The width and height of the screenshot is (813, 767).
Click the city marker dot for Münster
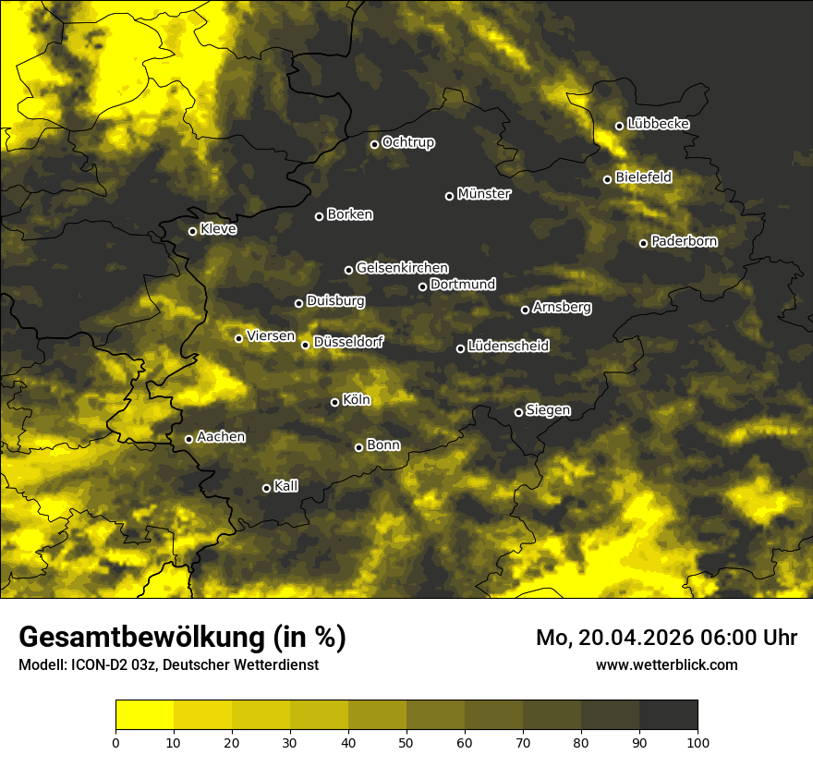tap(450, 196)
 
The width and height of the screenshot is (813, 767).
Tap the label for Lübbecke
tap(658, 124)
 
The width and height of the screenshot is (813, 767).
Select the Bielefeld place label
tap(643, 177)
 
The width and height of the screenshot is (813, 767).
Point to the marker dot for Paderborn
tap(644, 243)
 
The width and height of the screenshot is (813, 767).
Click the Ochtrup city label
tap(407, 142)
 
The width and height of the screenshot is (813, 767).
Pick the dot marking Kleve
tap(193, 231)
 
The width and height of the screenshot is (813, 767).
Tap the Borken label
tap(349, 214)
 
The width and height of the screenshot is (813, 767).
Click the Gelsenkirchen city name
tap(402, 268)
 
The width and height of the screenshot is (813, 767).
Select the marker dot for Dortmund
tap(423, 286)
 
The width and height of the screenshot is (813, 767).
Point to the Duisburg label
tap(335, 301)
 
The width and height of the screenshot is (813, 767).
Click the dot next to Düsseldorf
tap(306, 345)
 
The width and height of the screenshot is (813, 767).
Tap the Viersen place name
tap(270, 336)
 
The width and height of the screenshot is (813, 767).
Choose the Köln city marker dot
tap(335, 402)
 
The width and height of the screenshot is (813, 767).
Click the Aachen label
tap(221, 437)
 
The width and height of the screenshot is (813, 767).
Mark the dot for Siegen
tap(518, 412)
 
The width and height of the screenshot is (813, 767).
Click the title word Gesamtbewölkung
tap(138, 638)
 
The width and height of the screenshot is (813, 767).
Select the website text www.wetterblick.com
tap(666, 664)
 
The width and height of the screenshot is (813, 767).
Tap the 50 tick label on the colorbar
tap(406, 742)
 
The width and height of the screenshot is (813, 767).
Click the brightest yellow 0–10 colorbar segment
tap(144, 715)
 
